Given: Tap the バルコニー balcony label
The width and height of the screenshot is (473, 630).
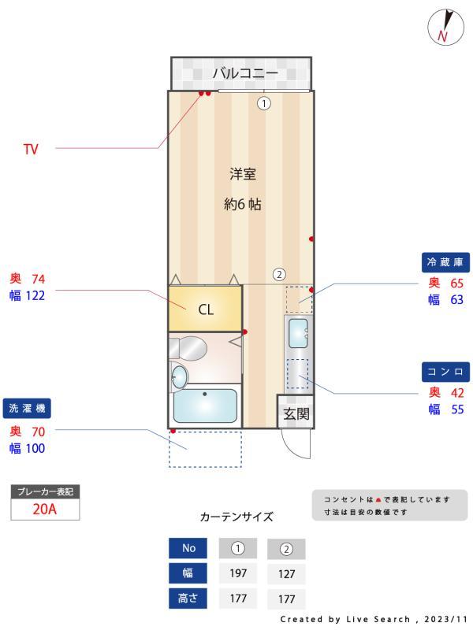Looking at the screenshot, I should pos(245,73).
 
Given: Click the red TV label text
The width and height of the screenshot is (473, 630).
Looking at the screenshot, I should pos(31,149).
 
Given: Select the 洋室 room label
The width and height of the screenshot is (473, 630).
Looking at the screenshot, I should pos(243,174).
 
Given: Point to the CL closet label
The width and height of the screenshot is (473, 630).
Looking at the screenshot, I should pos(205,309).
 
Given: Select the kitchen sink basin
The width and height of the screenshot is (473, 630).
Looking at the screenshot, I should pos(299,333).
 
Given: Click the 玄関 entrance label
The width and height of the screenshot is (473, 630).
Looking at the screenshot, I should pos(296,413).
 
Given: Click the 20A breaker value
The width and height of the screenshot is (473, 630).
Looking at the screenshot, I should pos(44,509).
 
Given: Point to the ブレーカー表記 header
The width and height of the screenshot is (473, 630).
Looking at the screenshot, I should pos(45,491).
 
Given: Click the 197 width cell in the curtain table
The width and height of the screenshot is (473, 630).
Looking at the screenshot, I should pos(238,573).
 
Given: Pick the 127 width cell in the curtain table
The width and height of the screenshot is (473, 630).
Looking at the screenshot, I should pos(286,574).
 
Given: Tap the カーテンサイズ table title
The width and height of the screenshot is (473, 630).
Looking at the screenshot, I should pos(236,517).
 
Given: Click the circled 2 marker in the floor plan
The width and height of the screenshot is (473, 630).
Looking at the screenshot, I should pos(279,275).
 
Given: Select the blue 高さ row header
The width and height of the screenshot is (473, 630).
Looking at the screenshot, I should pos(189,598).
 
